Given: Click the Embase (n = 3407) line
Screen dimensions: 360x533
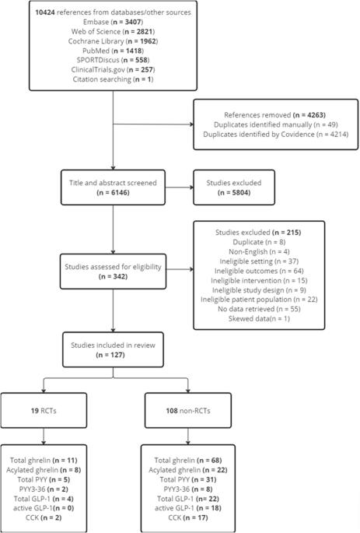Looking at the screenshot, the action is point(113,22).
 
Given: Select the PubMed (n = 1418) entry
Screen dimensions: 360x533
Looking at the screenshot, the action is point(113,51).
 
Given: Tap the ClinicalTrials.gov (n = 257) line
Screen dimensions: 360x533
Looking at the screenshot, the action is point(113,70).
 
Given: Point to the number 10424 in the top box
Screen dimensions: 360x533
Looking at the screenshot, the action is point(45,12).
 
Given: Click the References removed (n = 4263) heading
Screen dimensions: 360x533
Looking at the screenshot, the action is point(274,115).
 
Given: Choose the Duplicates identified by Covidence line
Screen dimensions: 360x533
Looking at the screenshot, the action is point(276,135).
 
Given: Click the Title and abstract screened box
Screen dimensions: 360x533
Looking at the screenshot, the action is point(113,188).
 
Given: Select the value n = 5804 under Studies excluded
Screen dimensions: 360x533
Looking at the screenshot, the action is point(234,193).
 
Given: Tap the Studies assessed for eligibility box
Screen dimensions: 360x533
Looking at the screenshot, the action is point(113,272).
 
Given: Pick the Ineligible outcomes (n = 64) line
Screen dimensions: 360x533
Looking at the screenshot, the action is point(259,271).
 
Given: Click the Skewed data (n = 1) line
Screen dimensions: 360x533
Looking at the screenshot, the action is point(259,319).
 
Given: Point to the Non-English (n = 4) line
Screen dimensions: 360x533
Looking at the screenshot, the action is point(259,252).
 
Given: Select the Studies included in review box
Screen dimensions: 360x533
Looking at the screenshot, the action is point(113,350).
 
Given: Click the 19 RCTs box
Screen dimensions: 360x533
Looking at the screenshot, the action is point(44,410).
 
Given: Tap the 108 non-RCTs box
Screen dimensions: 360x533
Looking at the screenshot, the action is point(188,410).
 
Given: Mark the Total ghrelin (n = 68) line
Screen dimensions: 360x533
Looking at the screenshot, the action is point(188,461).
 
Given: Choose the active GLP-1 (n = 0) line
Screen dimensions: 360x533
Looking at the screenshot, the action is point(44,508).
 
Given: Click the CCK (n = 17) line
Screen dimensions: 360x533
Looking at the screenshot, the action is point(188,517).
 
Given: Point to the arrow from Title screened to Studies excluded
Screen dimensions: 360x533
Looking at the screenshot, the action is point(180,188).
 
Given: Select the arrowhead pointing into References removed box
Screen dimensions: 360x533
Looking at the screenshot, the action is point(191,124).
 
